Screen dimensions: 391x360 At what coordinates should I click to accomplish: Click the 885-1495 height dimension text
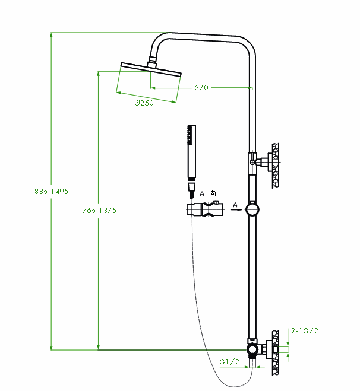pos(52,192)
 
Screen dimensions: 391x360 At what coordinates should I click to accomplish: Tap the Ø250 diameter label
pos(144,103)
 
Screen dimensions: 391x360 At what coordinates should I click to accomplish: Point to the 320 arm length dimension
pos(201,88)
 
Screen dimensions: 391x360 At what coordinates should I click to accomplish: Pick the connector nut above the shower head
pos(151,59)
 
